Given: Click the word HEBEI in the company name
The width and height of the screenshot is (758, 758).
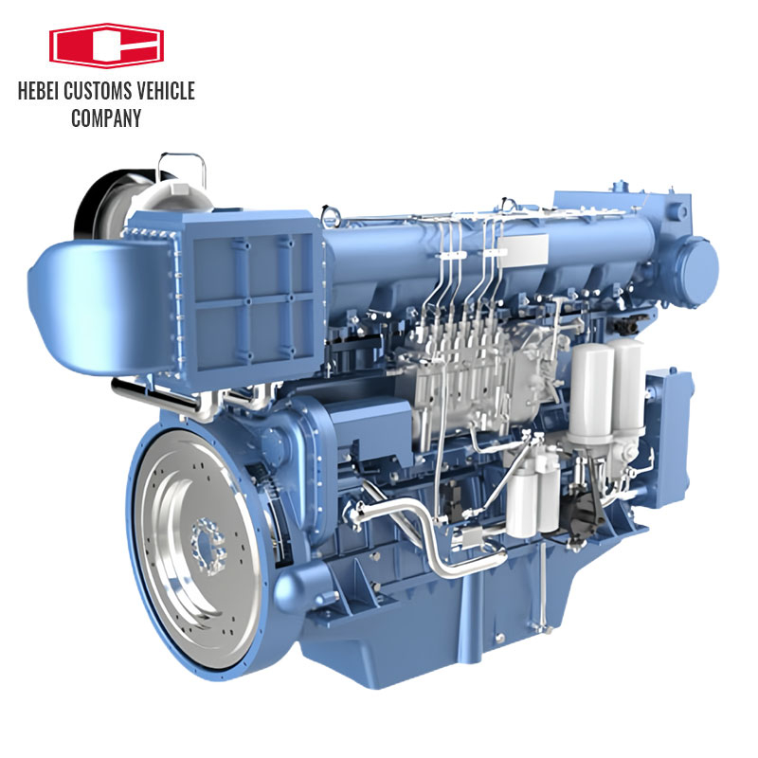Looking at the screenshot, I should tap(42, 92).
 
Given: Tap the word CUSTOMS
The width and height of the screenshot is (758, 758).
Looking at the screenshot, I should tap(102, 92).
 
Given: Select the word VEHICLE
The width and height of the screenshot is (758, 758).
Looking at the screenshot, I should tap(167, 92).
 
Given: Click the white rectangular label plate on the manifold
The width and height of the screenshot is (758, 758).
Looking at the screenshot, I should tap(519, 248).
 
